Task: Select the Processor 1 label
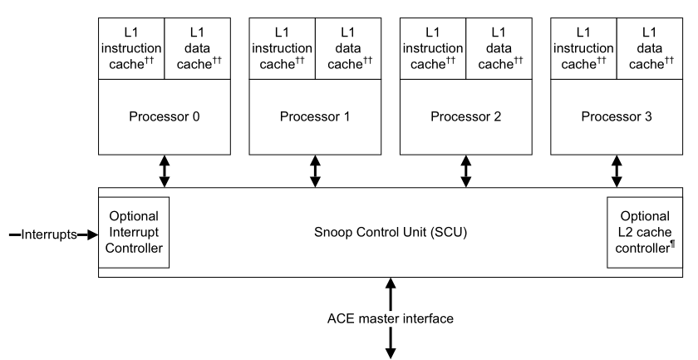coord(315,116)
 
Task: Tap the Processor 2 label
coord(465,116)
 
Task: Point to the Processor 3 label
coord(617,116)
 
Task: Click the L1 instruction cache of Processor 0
coord(131,47)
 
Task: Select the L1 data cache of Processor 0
coord(197,47)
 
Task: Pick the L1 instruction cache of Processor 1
coord(282,47)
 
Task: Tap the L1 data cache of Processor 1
coord(347,47)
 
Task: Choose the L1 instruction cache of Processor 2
coord(433,47)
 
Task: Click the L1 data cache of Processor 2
coord(499,47)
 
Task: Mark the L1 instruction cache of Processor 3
coord(583,47)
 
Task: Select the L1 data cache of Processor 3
coord(649,47)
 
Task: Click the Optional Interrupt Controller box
coord(134,232)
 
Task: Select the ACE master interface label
coord(390,318)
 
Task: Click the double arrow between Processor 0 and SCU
coord(164,170)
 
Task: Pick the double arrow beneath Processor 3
coord(617,170)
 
